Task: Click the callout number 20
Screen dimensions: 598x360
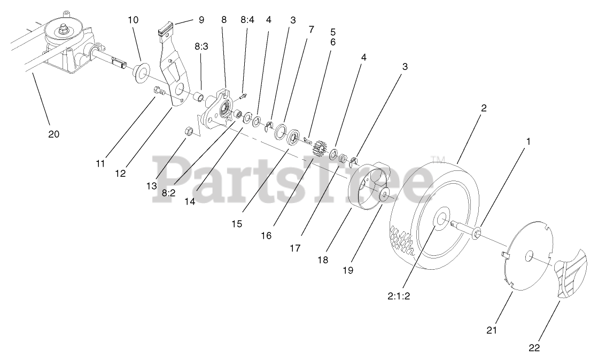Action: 53,134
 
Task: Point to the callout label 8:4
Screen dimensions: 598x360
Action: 247,20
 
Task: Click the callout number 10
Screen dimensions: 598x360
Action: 133,20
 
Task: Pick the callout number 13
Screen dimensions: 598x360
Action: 152,185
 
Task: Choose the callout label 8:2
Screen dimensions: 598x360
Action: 168,193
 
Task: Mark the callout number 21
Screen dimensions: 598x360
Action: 492,330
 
